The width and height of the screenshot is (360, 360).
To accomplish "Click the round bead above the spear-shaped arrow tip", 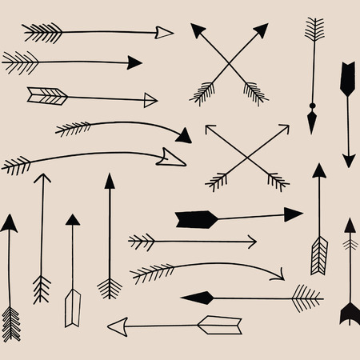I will point(311,106).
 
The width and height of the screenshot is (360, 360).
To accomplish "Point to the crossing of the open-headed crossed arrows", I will point(246,156).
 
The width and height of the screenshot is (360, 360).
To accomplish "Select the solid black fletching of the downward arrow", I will point(347,78).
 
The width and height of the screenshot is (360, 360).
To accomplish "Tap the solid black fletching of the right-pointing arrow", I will point(193,218).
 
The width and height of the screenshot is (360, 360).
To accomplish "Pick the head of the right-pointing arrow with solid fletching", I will point(293,214).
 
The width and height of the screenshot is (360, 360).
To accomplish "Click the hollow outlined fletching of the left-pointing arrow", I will point(219,325).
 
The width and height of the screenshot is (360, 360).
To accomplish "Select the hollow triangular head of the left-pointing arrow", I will point(118,325).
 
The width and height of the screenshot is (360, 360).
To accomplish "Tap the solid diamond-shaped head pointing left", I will point(197,298).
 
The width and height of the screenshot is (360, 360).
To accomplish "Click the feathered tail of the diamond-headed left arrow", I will point(306,298).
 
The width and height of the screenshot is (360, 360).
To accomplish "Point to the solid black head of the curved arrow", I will point(183,135).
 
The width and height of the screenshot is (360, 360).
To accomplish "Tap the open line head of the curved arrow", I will point(278,275).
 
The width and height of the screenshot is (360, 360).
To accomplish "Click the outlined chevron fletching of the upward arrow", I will point(319,254).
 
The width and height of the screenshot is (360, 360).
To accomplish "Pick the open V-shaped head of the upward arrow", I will point(42,179).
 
